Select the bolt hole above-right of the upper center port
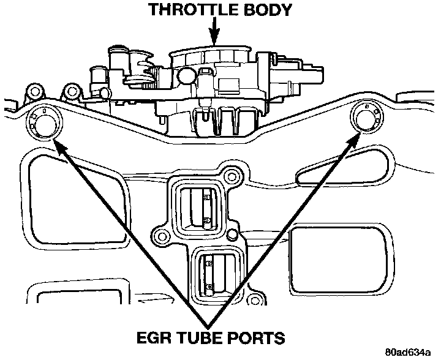click(x=232, y=178)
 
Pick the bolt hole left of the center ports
click(x=162, y=235)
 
